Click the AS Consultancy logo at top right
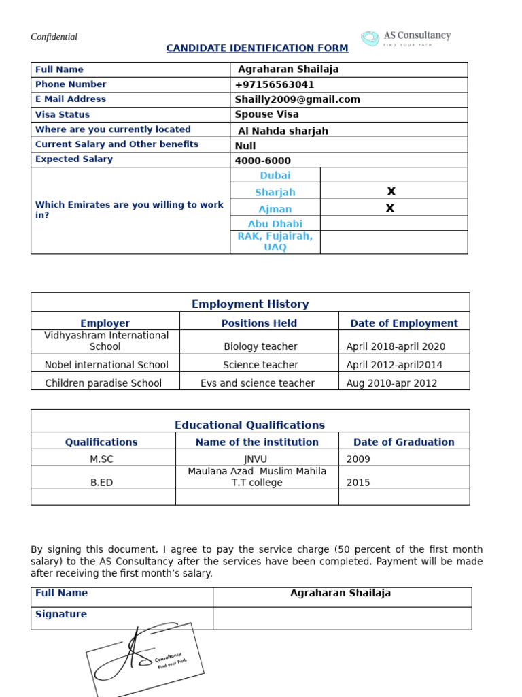point(405,38)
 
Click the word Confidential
point(54,37)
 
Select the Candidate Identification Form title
point(257,48)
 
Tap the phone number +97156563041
point(275,85)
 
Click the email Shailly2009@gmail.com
point(297,99)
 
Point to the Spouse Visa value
point(266,114)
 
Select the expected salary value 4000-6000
point(262,161)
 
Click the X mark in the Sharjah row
point(391,191)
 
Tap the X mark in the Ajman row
point(390,208)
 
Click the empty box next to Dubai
point(394,175)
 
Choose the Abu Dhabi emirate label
point(275,224)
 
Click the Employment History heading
point(250,304)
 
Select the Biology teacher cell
point(260,346)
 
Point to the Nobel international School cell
point(106,365)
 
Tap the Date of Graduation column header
point(404,442)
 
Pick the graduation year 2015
point(358,483)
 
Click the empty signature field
point(342,618)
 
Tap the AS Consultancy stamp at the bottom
point(144,659)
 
